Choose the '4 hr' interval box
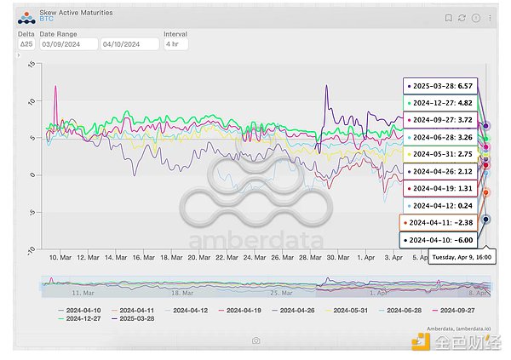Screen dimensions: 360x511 point(175,44)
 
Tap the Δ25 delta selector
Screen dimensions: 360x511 point(26,44)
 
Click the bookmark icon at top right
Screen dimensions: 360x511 point(449,17)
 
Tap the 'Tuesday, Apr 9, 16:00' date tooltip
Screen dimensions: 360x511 point(461,256)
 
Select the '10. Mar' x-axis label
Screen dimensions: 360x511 point(60,256)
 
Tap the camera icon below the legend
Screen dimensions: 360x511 point(255,340)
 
